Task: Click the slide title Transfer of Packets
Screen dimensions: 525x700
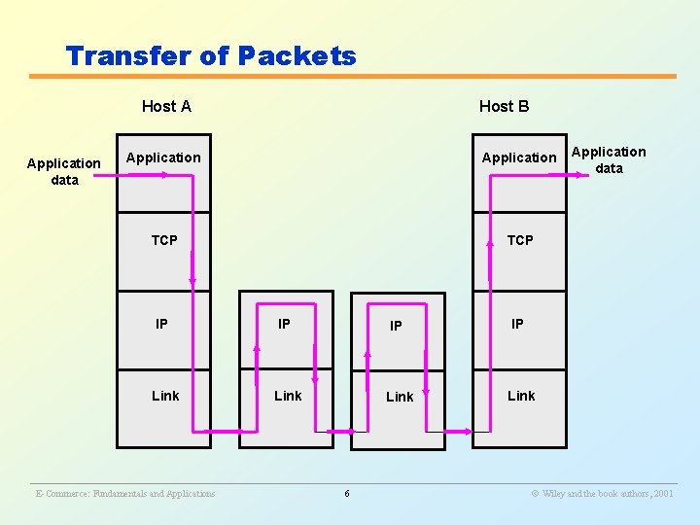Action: pyautogui.click(x=211, y=56)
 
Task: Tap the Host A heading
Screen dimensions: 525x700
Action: pyautogui.click(x=166, y=106)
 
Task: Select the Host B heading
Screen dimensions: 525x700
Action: pyautogui.click(x=504, y=106)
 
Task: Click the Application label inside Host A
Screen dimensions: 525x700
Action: pyautogui.click(x=163, y=157)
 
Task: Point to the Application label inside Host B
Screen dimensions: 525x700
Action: pyautogui.click(x=519, y=157)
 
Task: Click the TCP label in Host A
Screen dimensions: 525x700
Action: pyautogui.click(x=164, y=240)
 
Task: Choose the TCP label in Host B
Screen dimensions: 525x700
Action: pyautogui.click(x=520, y=240)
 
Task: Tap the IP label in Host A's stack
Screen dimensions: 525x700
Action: pyautogui.click(x=161, y=324)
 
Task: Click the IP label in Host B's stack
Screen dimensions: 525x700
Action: pyautogui.click(x=517, y=324)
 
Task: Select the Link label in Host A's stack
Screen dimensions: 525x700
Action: pyautogui.click(x=165, y=396)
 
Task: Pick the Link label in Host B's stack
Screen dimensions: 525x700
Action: pyautogui.click(x=521, y=396)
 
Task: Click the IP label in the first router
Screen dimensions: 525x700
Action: pyautogui.click(x=284, y=324)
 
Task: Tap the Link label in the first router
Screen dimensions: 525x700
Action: pyautogui.click(x=288, y=396)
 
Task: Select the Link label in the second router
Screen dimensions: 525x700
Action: pyautogui.click(x=400, y=397)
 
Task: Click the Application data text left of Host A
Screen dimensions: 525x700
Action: pyautogui.click(x=64, y=171)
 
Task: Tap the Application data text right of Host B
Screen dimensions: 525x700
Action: pyautogui.click(x=609, y=159)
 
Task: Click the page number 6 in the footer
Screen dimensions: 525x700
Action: pyautogui.click(x=347, y=494)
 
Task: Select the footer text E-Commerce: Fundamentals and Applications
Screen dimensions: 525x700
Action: pyautogui.click(x=125, y=494)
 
